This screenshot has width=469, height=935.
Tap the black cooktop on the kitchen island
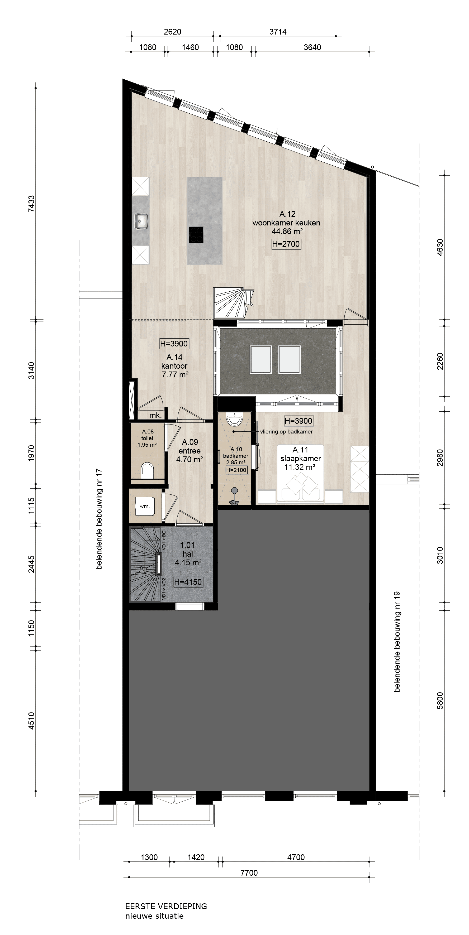click(x=196, y=235)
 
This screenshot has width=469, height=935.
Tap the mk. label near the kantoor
click(x=155, y=416)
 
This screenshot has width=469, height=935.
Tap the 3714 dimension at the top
click(x=278, y=32)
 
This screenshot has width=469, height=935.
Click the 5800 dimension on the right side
click(x=440, y=701)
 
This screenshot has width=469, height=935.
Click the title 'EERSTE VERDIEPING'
click(x=166, y=906)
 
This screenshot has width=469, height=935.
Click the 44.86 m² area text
click(x=287, y=232)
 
